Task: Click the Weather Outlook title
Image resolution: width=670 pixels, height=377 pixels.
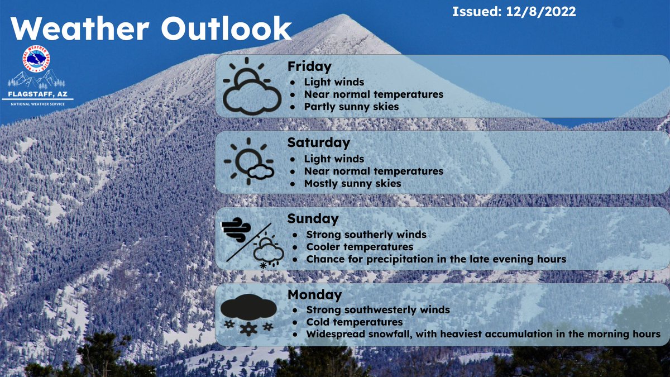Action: pos(151,28)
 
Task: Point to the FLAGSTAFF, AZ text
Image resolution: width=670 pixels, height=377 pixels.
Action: pos(37,94)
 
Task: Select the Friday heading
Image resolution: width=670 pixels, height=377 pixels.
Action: pos(309,66)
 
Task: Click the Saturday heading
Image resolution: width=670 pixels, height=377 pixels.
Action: pos(318,142)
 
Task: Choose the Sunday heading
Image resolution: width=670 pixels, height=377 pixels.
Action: pos(313,218)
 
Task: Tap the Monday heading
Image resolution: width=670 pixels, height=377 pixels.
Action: pos(314,294)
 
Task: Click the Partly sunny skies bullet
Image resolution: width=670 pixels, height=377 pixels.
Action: pos(351,106)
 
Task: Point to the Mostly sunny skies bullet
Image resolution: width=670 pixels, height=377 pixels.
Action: pos(352,183)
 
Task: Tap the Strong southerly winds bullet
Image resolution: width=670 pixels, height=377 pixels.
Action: pos(366,235)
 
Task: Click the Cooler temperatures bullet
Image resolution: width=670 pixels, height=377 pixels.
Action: pos(360,247)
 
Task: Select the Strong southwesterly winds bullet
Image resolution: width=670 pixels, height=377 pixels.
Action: pos(378,310)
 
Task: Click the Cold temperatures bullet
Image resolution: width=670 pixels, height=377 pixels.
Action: pos(355,322)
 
